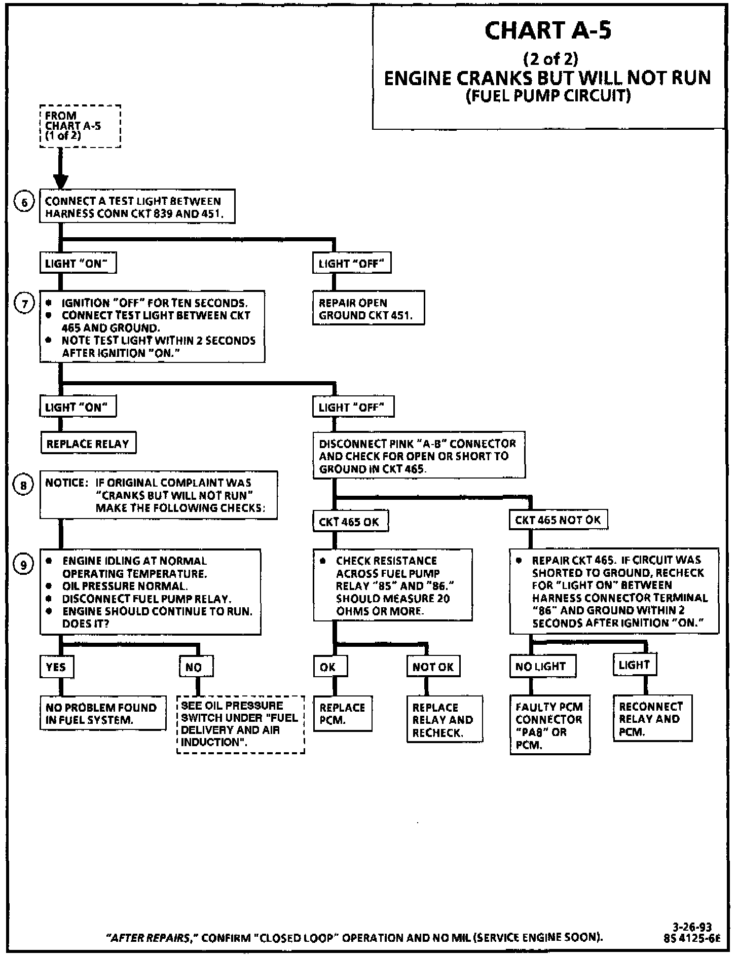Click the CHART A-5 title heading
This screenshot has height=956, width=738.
(x=548, y=30)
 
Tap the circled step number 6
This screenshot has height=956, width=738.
(x=23, y=202)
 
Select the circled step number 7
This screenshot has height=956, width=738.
(x=23, y=304)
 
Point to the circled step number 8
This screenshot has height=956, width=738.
(x=23, y=485)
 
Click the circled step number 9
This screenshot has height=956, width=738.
(x=23, y=564)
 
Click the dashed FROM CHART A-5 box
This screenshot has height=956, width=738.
(x=80, y=126)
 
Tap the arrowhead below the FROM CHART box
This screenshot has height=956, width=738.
(x=60, y=181)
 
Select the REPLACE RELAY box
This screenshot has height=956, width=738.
(x=88, y=444)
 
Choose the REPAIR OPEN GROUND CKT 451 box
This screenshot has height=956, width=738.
(x=368, y=309)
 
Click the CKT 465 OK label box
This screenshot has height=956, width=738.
(x=350, y=522)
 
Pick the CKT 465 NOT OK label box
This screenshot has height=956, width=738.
(x=558, y=520)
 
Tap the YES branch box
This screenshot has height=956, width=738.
(x=56, y=667)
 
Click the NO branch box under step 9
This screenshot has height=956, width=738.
(x=196, y=667)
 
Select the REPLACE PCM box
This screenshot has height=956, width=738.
(x=342, y=714)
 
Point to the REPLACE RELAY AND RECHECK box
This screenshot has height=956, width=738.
(x=444, y=719)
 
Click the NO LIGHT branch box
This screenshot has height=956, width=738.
(x=543, y=666)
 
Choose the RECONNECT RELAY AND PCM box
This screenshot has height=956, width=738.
(x=652, y=719)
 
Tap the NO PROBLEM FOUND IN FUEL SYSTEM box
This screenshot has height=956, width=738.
(x=102, y=713)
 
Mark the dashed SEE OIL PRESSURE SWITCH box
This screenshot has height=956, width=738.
(x=240, y=724)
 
